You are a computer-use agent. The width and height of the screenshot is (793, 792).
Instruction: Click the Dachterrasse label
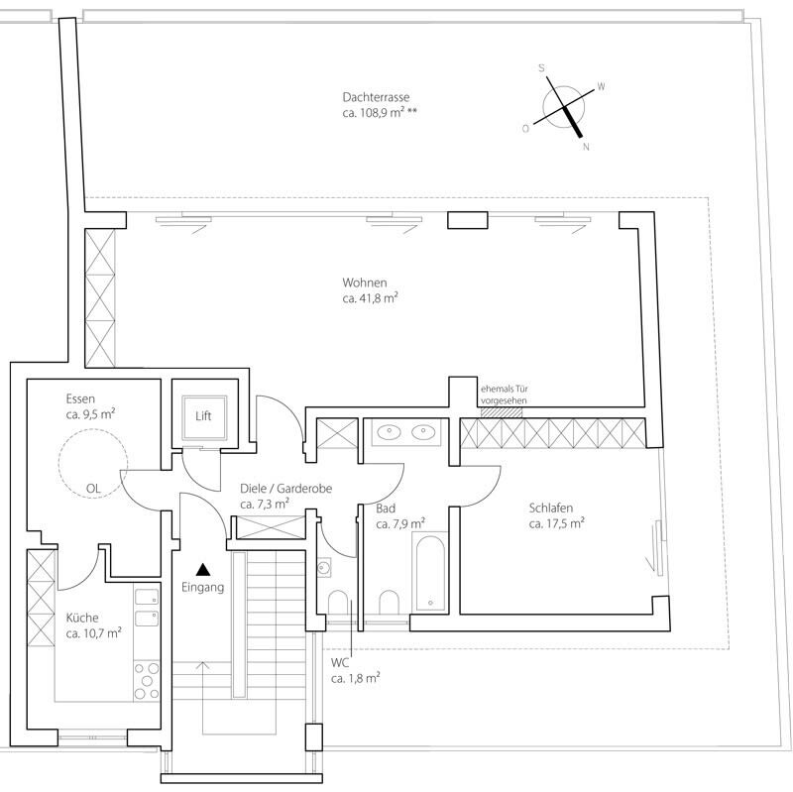pos(376,96)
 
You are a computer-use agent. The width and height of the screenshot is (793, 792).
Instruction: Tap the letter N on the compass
pos(586,147)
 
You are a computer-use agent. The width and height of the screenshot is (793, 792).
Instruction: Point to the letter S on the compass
pos(541,68)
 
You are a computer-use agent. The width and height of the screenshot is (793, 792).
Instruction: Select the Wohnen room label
pos(364,283)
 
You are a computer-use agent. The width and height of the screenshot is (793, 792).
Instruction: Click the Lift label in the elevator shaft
pos(203,415)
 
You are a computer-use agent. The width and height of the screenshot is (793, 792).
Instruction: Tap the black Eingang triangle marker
pos(203,569)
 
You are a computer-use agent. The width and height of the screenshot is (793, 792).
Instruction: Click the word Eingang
pos(203,587)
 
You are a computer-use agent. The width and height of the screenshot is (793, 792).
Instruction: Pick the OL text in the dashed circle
pos(93,488)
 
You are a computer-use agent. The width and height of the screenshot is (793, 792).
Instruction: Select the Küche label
pos(82,618)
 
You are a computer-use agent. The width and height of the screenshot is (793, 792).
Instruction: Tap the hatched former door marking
pos(502,412)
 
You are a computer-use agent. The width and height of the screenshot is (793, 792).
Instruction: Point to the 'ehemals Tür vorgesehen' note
pos(505,395)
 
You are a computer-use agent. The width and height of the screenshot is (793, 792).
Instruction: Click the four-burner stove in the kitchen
pos(147,680)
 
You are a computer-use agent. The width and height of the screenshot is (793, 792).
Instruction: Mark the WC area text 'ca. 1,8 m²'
pos(356,678)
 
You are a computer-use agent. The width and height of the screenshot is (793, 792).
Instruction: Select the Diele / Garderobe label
pos(285,489)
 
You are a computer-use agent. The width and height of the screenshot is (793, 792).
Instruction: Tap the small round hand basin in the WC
pos(324,567)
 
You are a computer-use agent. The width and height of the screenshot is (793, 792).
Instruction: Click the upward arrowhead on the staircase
pos(203,665)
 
